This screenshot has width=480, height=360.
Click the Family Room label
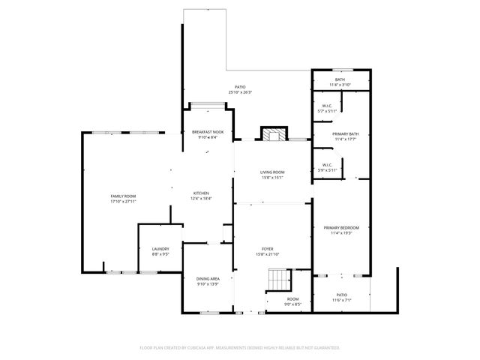coord(123,196)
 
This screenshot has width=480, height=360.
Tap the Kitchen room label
coord(202,193)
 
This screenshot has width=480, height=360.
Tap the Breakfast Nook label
coord(208,133)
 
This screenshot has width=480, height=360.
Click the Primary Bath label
coord(341,136)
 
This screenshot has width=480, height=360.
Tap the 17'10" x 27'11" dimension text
coord(123,201)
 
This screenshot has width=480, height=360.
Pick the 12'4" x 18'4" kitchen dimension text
coord(202,199)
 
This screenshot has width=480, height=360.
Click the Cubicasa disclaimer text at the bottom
coord(240,348)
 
